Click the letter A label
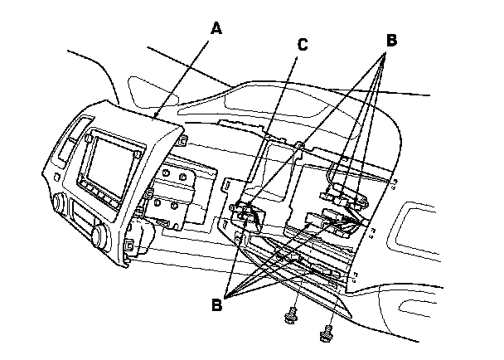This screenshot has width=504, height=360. pos(216,28)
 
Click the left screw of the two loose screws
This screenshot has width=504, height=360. pos(292,316)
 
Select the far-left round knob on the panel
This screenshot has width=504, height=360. pos(59,202)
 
